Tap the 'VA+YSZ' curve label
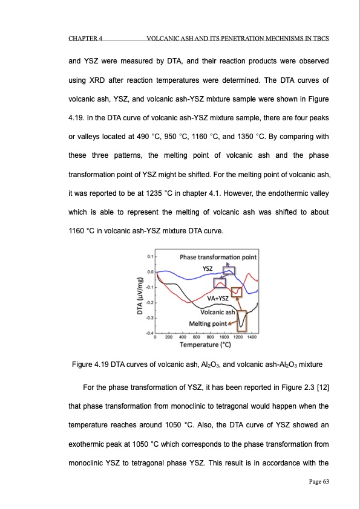pyautogui.click(x=217, y=298)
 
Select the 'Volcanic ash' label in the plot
pyautogui.click(x=217, y=312)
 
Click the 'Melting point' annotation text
pyautogui.click(x=208, y=323)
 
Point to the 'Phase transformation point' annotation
pyautogui.click(x=218, y=257)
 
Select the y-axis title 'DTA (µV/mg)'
pyautogui.click(x=140, y=295)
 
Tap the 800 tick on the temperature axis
pyautogui.click(x=211, y=337)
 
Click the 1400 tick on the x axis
pyautogui.click(x=252, y=337)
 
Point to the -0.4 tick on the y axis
pyautogui.click(x=149, y=332)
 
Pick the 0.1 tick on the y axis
pyautogui.click(x=149, y=257)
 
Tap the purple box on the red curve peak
pyautogui.click(x=220, y=282)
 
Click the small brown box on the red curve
pyautogui.click(x=237, y=293)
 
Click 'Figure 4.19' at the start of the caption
pyautogui.click(x=90, y=365)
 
